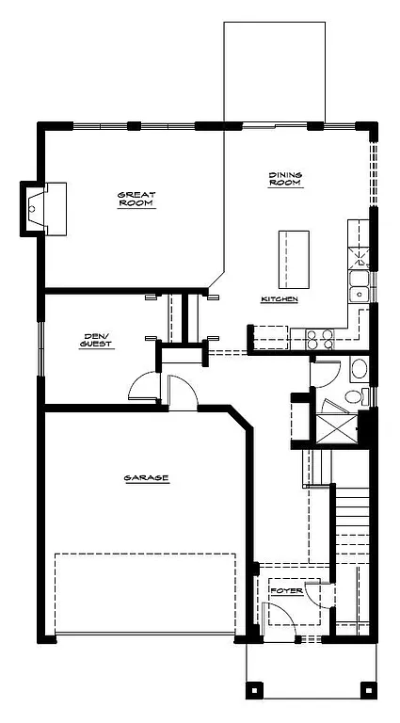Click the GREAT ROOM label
point(136,199)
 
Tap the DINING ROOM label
point(284,179)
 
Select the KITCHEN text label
point(280,299)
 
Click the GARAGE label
point(146,478)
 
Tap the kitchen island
point(294,260)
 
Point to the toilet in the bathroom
point(353,396)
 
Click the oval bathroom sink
point(360,368)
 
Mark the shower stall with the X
point(337,426)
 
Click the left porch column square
point(252,691)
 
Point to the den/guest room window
point(40,347)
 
